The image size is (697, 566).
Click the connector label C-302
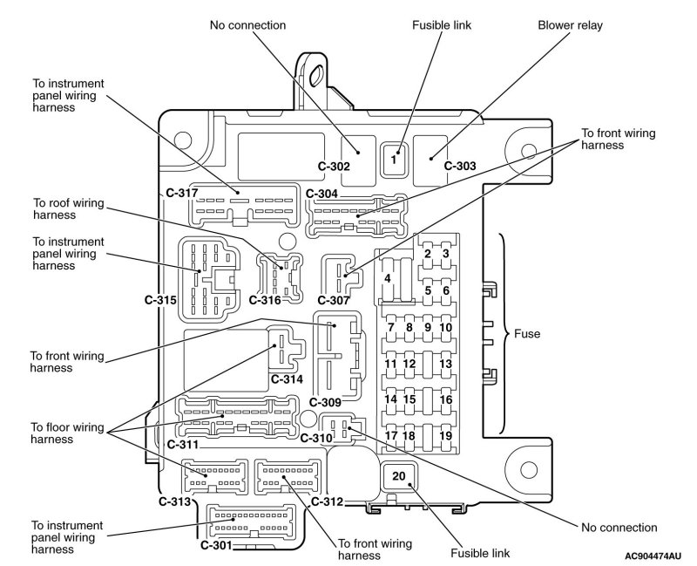coord(334,167)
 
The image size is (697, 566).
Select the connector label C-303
coord(460,166)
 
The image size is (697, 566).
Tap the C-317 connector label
coord(182,193)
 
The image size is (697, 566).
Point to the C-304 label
coord(321,194)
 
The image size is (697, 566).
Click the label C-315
coord(160,300)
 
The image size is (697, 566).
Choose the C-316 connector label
coord(265,300)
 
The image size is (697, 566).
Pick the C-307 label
coord(334,300)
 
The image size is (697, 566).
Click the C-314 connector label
coord(287,379)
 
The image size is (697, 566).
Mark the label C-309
coord(325,402)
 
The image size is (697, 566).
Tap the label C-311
coord(183,445)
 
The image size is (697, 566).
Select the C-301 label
coord(216,545)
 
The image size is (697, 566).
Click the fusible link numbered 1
coord(394,160)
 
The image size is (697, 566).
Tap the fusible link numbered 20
coord(399,476)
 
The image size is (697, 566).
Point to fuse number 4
coord(388,279)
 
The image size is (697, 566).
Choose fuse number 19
coord(445,436)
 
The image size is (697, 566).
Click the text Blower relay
coord(571,25)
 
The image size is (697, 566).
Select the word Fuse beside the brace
coord(527,334)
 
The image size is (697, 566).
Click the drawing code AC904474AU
coord(653,556)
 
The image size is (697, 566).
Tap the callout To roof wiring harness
coord(69,208)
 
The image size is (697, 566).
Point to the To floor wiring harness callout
coord(67,433)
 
